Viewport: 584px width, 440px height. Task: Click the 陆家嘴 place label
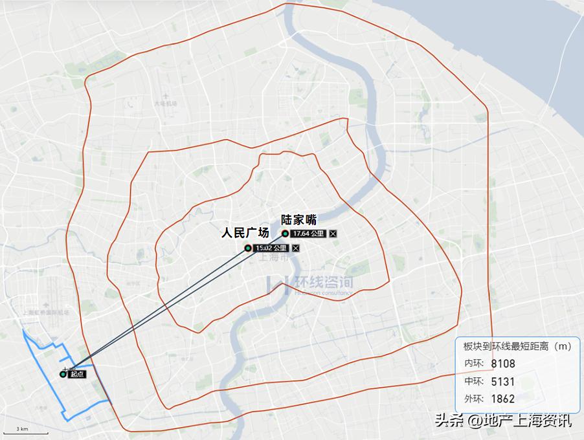click(298, 219)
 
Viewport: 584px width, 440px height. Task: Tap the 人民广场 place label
click(245, 233)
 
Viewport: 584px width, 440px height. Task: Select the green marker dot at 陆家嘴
click(285, 234)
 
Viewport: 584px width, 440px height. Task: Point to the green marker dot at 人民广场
click(247, 248)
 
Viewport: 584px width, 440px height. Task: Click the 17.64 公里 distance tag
click(308, 234)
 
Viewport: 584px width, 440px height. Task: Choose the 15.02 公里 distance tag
click(271, 248)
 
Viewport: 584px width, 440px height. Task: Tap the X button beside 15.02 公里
click(296, 248)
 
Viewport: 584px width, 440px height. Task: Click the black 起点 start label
click(78, 374)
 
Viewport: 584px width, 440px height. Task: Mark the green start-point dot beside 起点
click(63, 374)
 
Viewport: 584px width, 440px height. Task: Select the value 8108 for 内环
click(503, 364)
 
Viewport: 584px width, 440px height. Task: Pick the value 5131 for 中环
click(503, 381)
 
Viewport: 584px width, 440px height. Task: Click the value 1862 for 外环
click(503, 399)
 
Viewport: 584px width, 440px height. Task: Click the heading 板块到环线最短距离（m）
click(518, 346)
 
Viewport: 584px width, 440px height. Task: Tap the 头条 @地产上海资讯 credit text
click(503, 421)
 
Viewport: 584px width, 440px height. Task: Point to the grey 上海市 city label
click(275, 257)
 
